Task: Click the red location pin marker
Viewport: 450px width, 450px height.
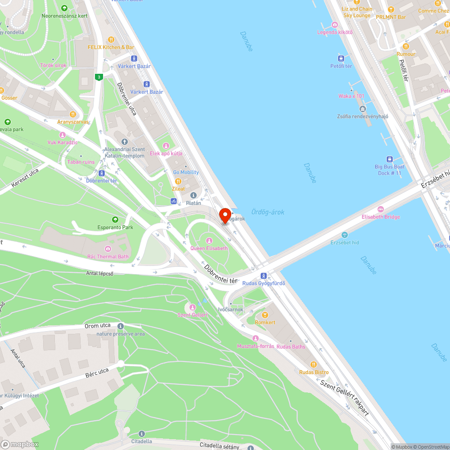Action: pyautogui.click(x=225, y=215)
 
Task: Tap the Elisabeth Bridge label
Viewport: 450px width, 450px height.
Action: pyautogui.click(x=381, y=217)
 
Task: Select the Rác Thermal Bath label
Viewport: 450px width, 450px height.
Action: pyautogui.click(x=108, y=256)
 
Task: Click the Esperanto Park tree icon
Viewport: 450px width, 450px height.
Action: pyautogui.click(x=116, y=219)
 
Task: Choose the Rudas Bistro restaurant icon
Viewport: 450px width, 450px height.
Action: pyautogui.click(x=314, y=364)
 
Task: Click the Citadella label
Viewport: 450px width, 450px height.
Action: pyautogui.click(x=141, y=441)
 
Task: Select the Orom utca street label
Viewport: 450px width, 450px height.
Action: pyautogui.click(x=98, y=326)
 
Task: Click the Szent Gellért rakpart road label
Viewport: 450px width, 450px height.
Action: pyautogui.click(x=344, y=397)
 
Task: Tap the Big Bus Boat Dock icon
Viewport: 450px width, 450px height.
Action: pyautogui.click(x=389, y=159)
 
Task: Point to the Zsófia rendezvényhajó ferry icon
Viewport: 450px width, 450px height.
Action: pyautogui.click(x=363, y=108)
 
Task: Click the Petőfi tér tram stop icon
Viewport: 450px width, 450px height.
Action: pyautogui.click(x=341, y=58)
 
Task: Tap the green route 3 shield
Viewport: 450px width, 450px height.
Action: pyautogui.click(x=99, y=77)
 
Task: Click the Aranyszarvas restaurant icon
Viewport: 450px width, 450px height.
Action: pyautogui.click(x=73, y=114)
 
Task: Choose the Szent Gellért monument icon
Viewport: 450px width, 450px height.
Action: pyautogui.click(x=193, y=307)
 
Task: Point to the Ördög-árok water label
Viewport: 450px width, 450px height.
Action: pyautogui.click(x=268, y=212)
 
